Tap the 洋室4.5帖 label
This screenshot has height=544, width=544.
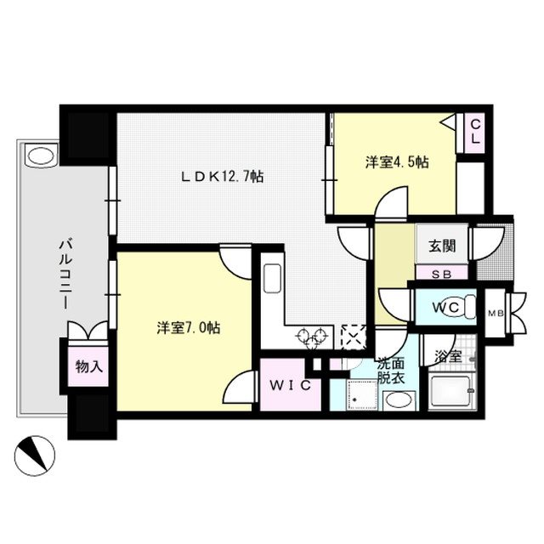(397, 162)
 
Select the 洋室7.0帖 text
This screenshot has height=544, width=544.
(188, 326)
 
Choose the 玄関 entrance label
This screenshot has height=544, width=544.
(440, 246)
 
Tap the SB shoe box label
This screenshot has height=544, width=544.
(440, 274)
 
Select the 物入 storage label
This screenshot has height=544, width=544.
(88, 367)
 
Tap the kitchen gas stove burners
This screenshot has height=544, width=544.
(312, 337)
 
